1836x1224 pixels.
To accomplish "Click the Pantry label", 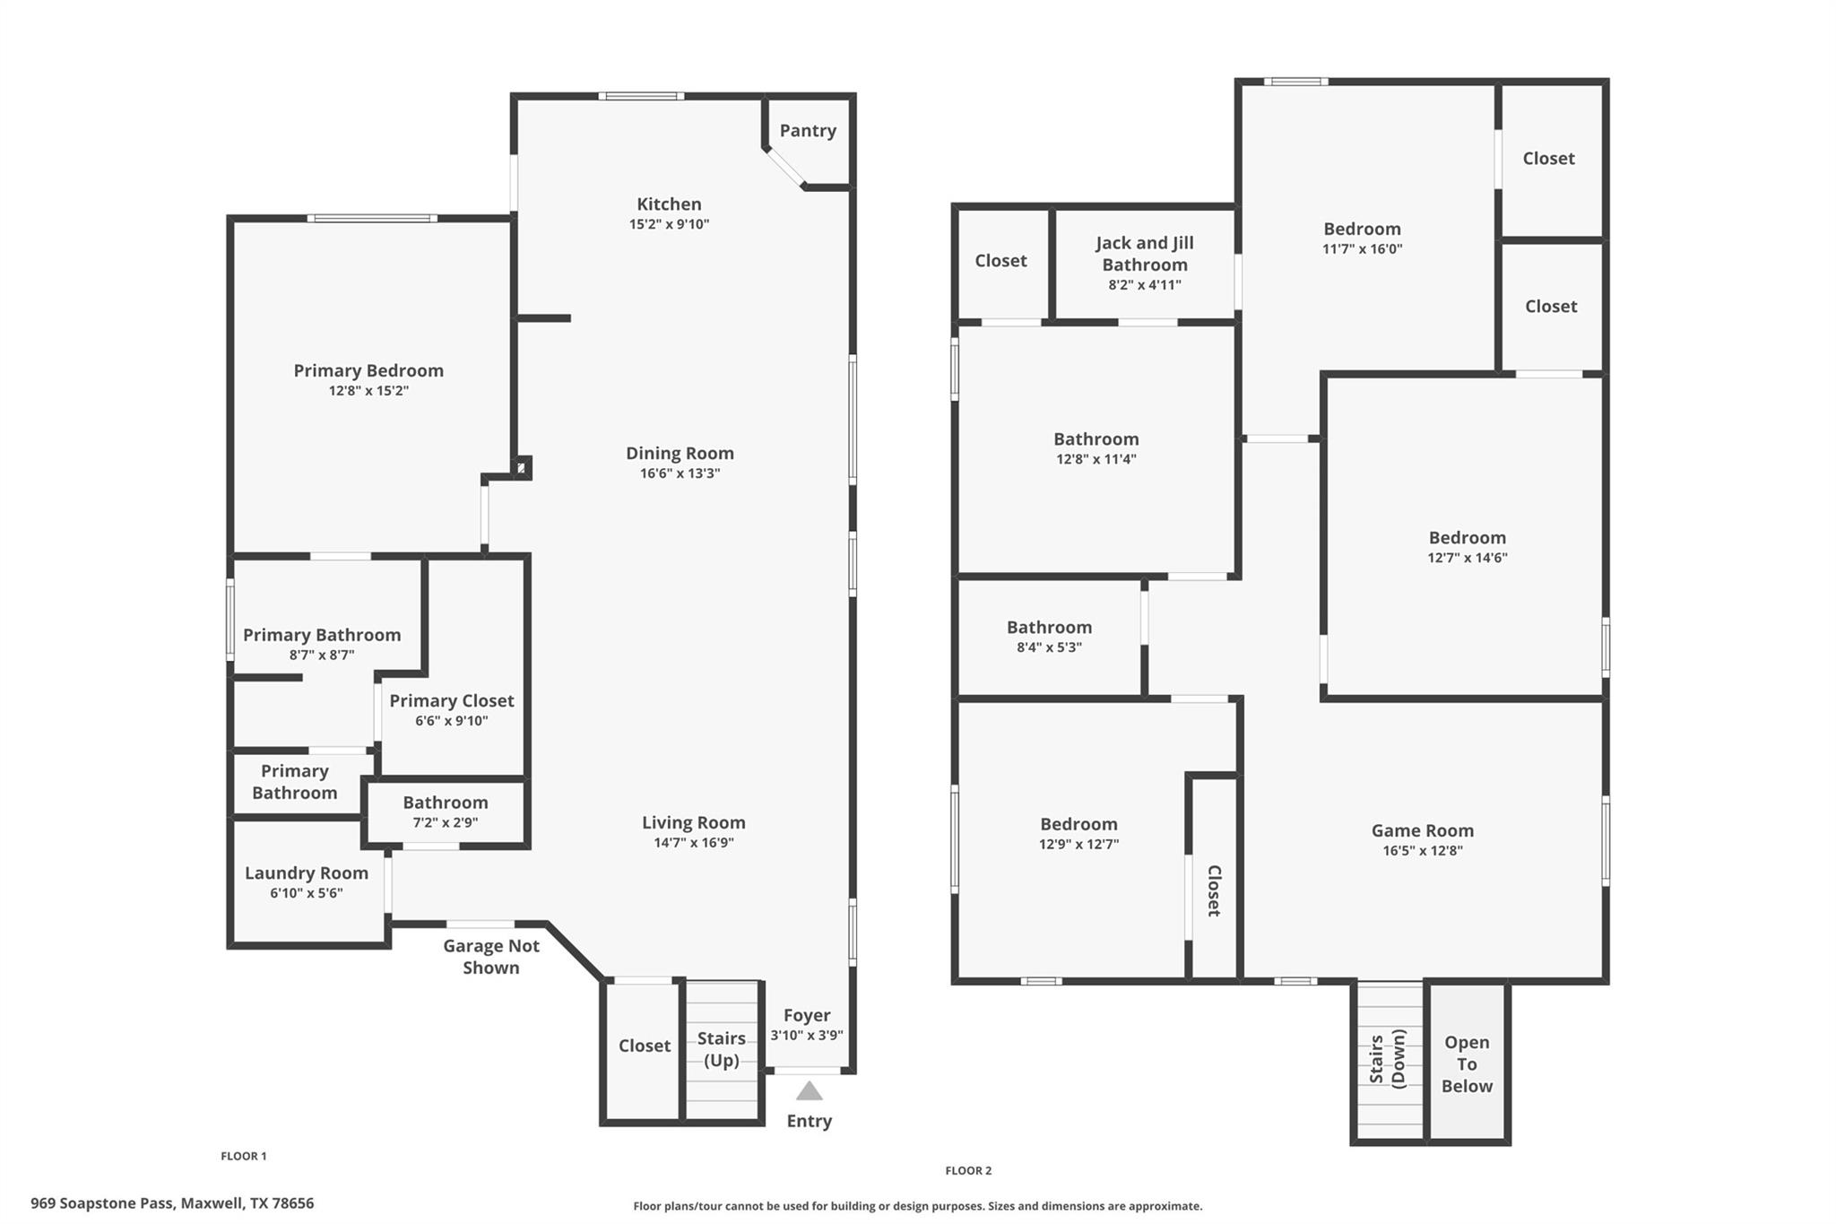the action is [808, 131].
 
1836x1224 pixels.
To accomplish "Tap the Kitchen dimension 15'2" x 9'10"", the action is [669, 224].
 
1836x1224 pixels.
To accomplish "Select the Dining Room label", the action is [680, 453].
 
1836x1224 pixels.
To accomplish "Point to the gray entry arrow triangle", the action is [810, 1090].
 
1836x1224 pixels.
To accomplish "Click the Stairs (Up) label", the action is [722, 1049].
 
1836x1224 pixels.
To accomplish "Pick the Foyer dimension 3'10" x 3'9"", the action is [807, 1035].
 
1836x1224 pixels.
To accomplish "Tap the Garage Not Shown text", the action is [491, 956].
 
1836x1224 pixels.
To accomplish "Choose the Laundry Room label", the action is [307, 872].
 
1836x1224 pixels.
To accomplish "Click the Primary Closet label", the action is [452, 700].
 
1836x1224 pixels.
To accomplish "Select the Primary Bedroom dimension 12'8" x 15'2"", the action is [368, 391].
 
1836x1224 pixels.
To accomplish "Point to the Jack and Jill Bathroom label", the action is [1145, 254].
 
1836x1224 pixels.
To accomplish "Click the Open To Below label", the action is [1467, 1064].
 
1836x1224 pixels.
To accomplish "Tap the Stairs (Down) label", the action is [1387, 1059].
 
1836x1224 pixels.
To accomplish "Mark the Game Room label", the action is [1423, 830].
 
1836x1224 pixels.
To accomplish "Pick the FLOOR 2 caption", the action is [968, 1170].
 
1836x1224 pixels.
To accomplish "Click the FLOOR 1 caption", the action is [244, 1156].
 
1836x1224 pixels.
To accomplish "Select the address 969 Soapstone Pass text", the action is [103, 1203].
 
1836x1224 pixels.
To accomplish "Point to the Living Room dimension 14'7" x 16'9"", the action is [694, 843].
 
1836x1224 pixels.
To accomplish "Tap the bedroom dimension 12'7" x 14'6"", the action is [1468, 558].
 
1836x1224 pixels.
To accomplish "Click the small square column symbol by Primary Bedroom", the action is [522, 467].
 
